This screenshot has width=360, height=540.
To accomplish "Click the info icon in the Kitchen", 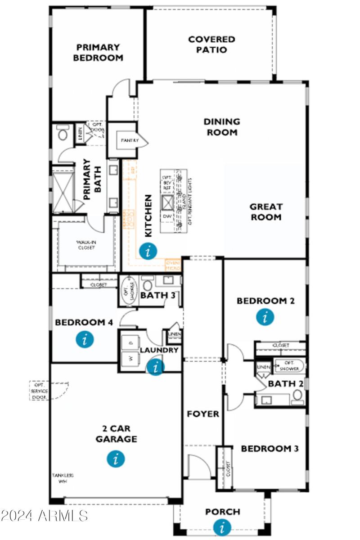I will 148,251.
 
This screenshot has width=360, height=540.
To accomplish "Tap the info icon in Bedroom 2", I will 265,317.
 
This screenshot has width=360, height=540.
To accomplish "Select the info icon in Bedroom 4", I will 85,339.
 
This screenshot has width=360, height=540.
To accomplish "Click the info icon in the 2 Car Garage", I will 116,459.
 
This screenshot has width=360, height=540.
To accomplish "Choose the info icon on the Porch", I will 222,527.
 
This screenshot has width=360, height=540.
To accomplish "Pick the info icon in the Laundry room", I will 156,367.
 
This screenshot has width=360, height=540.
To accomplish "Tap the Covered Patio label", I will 211,45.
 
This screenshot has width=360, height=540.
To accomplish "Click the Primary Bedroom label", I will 98,52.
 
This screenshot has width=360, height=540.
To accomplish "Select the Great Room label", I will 266,212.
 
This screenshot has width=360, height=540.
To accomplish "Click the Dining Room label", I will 221,127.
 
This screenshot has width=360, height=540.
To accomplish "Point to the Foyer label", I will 203,414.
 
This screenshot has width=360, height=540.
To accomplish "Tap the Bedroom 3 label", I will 270,449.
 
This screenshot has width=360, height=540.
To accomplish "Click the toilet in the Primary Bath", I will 63,133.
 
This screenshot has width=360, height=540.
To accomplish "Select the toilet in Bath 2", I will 297,396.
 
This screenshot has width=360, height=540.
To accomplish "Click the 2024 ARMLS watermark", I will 44,515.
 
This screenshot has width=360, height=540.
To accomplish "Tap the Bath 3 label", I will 154,296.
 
